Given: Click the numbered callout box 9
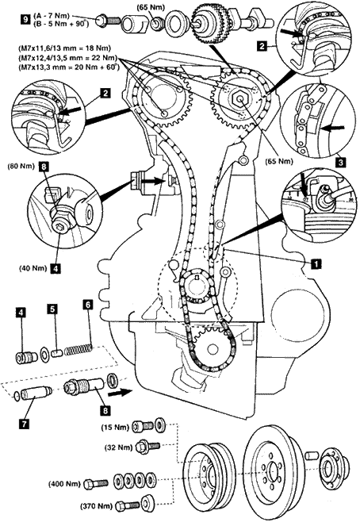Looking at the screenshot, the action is tap(25, 20).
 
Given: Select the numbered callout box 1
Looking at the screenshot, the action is tap(316, 263).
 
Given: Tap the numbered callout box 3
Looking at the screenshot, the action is tap(340, 163).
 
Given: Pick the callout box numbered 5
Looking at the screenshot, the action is tap(52, 309).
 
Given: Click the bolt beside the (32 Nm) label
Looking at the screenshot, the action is tap(147, 447).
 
